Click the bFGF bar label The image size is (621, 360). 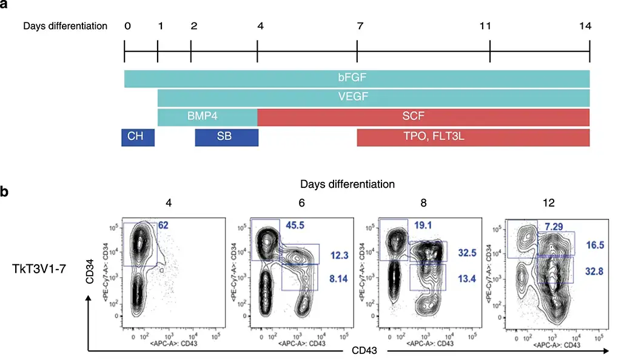coord(357,79)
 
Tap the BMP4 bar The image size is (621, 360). coord(208,117)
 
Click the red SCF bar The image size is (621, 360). coord(423,117)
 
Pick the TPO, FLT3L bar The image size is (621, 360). coord(473,137)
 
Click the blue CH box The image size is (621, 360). coord(138,137)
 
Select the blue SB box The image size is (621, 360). coord(227,137)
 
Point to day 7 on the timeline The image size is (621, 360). coord(357,27)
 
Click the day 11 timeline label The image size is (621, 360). coord(490,27)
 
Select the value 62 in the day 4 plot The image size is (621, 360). coord(163,225)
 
